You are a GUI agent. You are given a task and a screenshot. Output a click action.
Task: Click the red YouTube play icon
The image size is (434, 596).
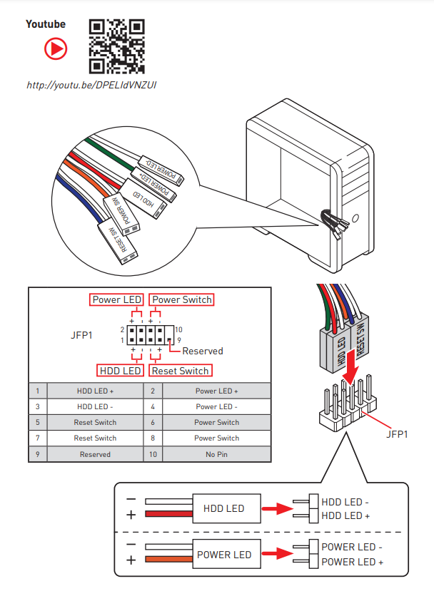pyautogui.click(x=56, y=48)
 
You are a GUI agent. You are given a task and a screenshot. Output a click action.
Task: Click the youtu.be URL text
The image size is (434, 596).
pyautogui.click(x=91, y=86)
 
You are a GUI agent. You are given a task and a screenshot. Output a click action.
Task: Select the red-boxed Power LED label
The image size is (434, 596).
pyautogui.click(x=117, y=299)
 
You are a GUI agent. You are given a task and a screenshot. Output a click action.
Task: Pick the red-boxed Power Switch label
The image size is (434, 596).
pyautogui.click(x=182, y=299)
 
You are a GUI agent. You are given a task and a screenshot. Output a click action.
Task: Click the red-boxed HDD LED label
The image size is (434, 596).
pyautogui.click(x=121, y=371)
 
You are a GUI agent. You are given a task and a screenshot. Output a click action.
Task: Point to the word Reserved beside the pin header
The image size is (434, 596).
pyautogui.click(x=203, y=351)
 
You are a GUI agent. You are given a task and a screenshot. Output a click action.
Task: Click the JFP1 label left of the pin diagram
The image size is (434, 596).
pyautogui.click(x=81, y=334)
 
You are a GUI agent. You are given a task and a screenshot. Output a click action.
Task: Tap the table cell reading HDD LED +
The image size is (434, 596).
pyautogui.click(x=95, y=391)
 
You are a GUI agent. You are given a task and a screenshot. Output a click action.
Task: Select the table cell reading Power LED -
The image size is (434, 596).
pyautogui.click(x=216, y=406)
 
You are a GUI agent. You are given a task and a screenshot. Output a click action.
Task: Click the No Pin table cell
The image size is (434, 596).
pyautogui.click(x=216, y=454)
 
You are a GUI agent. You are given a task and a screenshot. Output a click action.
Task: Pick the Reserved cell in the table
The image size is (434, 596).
pyautogui.click(x=95, y=454)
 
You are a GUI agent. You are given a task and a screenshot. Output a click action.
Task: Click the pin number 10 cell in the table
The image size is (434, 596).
pyautogui.click(x=153, y=454)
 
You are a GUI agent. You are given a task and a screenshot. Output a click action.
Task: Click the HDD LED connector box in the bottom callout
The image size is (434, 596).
pyautogui.click(x=223, y=508)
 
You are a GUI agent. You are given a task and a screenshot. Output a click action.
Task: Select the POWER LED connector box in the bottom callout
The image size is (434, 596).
pyautogui.click(x=223, y=555)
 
